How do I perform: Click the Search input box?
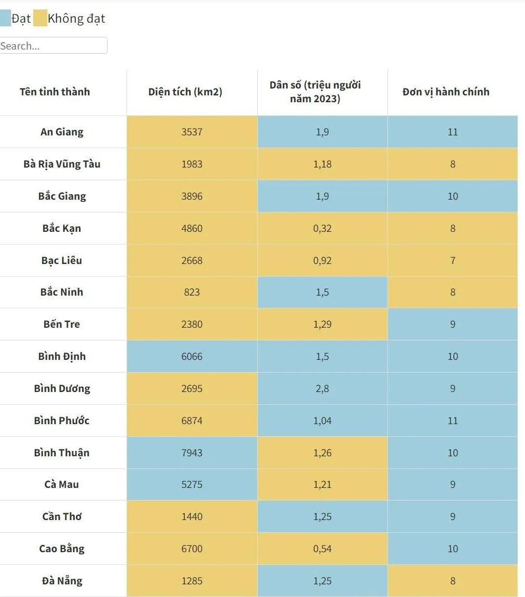(x=53, y=46)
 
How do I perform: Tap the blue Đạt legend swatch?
(x=5, y=19)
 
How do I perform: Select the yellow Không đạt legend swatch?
(x=40, y=19)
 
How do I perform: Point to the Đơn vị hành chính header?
(x=446, y=92)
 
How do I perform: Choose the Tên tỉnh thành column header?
(x=55, y=92)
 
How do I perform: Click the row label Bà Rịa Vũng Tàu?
(x=62, y=164)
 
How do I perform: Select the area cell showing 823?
(x=192, y=292)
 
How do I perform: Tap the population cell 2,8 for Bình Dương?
(x=322, y=388)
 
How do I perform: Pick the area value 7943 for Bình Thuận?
(x=192, y=453)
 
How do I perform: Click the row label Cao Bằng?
(x=62, y=549)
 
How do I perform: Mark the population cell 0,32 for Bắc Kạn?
(x=322, y=228)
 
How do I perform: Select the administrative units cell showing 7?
(x=453, y=260)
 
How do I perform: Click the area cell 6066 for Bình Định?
(x=192, y=356)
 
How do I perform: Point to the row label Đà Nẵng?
(x=62, y=581)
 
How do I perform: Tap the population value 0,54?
(x=322, y=549)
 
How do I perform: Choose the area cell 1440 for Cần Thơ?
(x=192, y=516)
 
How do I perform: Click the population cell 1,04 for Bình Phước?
(x=322, y=420)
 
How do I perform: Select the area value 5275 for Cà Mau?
(x=192, y=484)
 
